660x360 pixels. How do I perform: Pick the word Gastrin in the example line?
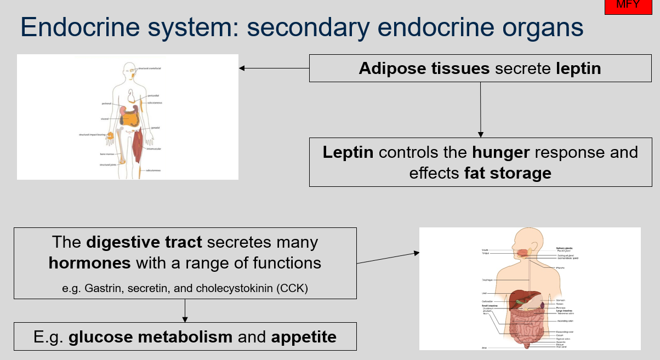(103, 288)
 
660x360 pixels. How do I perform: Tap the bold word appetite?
(304, 336)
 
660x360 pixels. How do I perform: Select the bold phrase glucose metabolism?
(150, 336)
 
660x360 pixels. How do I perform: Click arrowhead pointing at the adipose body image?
(242, 68)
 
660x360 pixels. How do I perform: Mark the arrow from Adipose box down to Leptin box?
(481, 110)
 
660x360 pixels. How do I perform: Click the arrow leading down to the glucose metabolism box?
(185, 311)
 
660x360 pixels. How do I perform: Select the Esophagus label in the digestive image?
(487, 279)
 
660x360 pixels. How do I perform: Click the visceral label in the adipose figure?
(104, 118)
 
